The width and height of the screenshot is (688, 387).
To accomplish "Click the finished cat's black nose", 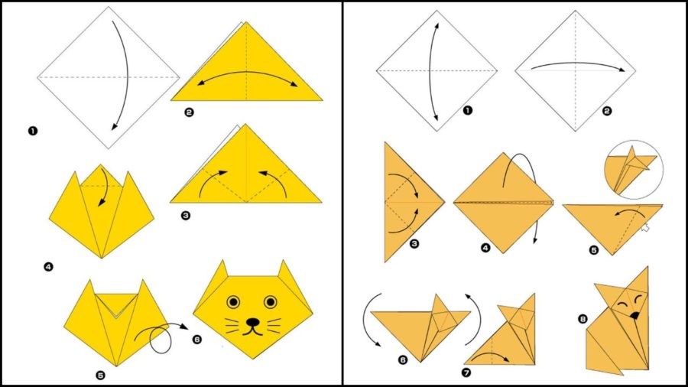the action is [253, 323].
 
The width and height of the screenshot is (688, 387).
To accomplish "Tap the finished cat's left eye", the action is [233, 302].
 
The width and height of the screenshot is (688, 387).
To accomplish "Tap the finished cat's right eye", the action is [271, 302].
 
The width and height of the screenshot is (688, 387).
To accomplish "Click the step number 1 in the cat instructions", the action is [32, 131].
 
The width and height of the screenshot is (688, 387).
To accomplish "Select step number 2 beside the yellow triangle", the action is [189, 112].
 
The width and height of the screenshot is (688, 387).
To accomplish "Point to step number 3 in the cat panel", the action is [186, 216].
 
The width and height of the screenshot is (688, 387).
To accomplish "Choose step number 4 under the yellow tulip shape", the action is [49, 266].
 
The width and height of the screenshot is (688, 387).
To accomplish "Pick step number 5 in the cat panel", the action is [100, 376].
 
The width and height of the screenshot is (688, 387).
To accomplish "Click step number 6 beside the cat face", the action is [197, 339].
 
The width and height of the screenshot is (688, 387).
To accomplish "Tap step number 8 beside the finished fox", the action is [583, 319].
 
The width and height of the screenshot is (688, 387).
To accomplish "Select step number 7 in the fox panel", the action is [466, 372].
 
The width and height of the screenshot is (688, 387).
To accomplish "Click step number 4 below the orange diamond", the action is [485, 248].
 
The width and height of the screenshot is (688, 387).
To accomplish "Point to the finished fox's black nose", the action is [634, 314].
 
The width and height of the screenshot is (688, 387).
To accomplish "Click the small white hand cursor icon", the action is [644, 227].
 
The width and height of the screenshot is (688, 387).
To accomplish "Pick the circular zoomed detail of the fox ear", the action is [634, 169].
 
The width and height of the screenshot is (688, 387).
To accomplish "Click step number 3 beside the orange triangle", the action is [414, 243].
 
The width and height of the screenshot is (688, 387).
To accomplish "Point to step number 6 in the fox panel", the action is [403, 359].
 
